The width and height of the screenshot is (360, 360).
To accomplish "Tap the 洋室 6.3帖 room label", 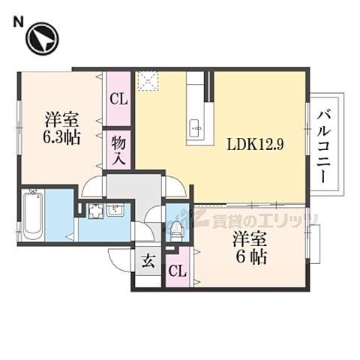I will point(62,127).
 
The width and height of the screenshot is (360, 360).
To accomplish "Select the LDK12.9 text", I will point(256,145).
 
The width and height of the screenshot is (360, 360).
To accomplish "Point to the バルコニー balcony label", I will point(324,147).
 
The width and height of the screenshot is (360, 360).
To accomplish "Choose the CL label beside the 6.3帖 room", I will point(118,98).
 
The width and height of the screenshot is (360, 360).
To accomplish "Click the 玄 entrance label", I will point(148,262).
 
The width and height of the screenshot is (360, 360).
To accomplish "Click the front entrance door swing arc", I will point(120,256).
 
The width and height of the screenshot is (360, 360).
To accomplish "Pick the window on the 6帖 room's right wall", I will point(314,244).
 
